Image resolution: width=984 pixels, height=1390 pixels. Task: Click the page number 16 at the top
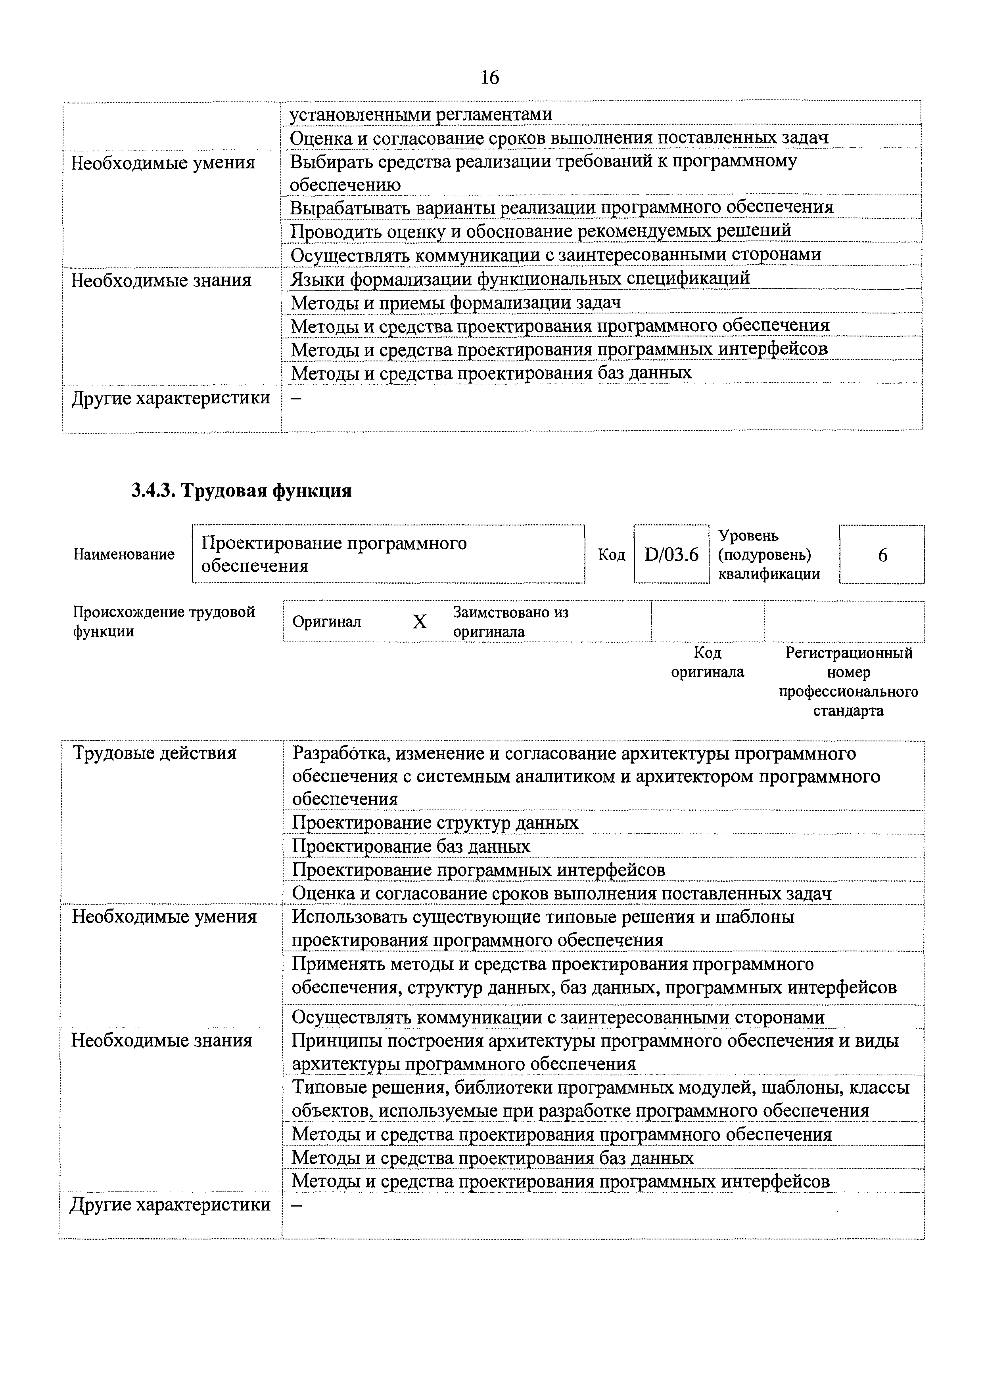point(489,78)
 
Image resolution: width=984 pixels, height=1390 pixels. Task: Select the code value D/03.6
point(671,555)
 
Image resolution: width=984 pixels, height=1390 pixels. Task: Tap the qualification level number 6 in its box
point(882,555)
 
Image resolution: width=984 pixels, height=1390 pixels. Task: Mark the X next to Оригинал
point(419,621)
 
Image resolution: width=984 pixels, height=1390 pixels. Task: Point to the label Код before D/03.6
point(611,555)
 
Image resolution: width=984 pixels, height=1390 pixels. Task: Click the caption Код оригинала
point(707,662)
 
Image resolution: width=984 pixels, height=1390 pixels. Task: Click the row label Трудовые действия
point(155,753)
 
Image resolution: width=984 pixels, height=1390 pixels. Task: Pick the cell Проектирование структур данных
point(435,823)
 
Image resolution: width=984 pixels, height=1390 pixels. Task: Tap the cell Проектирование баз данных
point(411,846)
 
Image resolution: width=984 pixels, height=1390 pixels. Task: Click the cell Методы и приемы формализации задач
point(456,302)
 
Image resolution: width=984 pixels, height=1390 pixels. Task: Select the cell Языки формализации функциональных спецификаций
point(520,279)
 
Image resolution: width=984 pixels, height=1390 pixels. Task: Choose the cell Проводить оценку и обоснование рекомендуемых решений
point(541,231)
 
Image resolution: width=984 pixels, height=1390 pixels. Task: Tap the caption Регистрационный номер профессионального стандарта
point(848,682)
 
